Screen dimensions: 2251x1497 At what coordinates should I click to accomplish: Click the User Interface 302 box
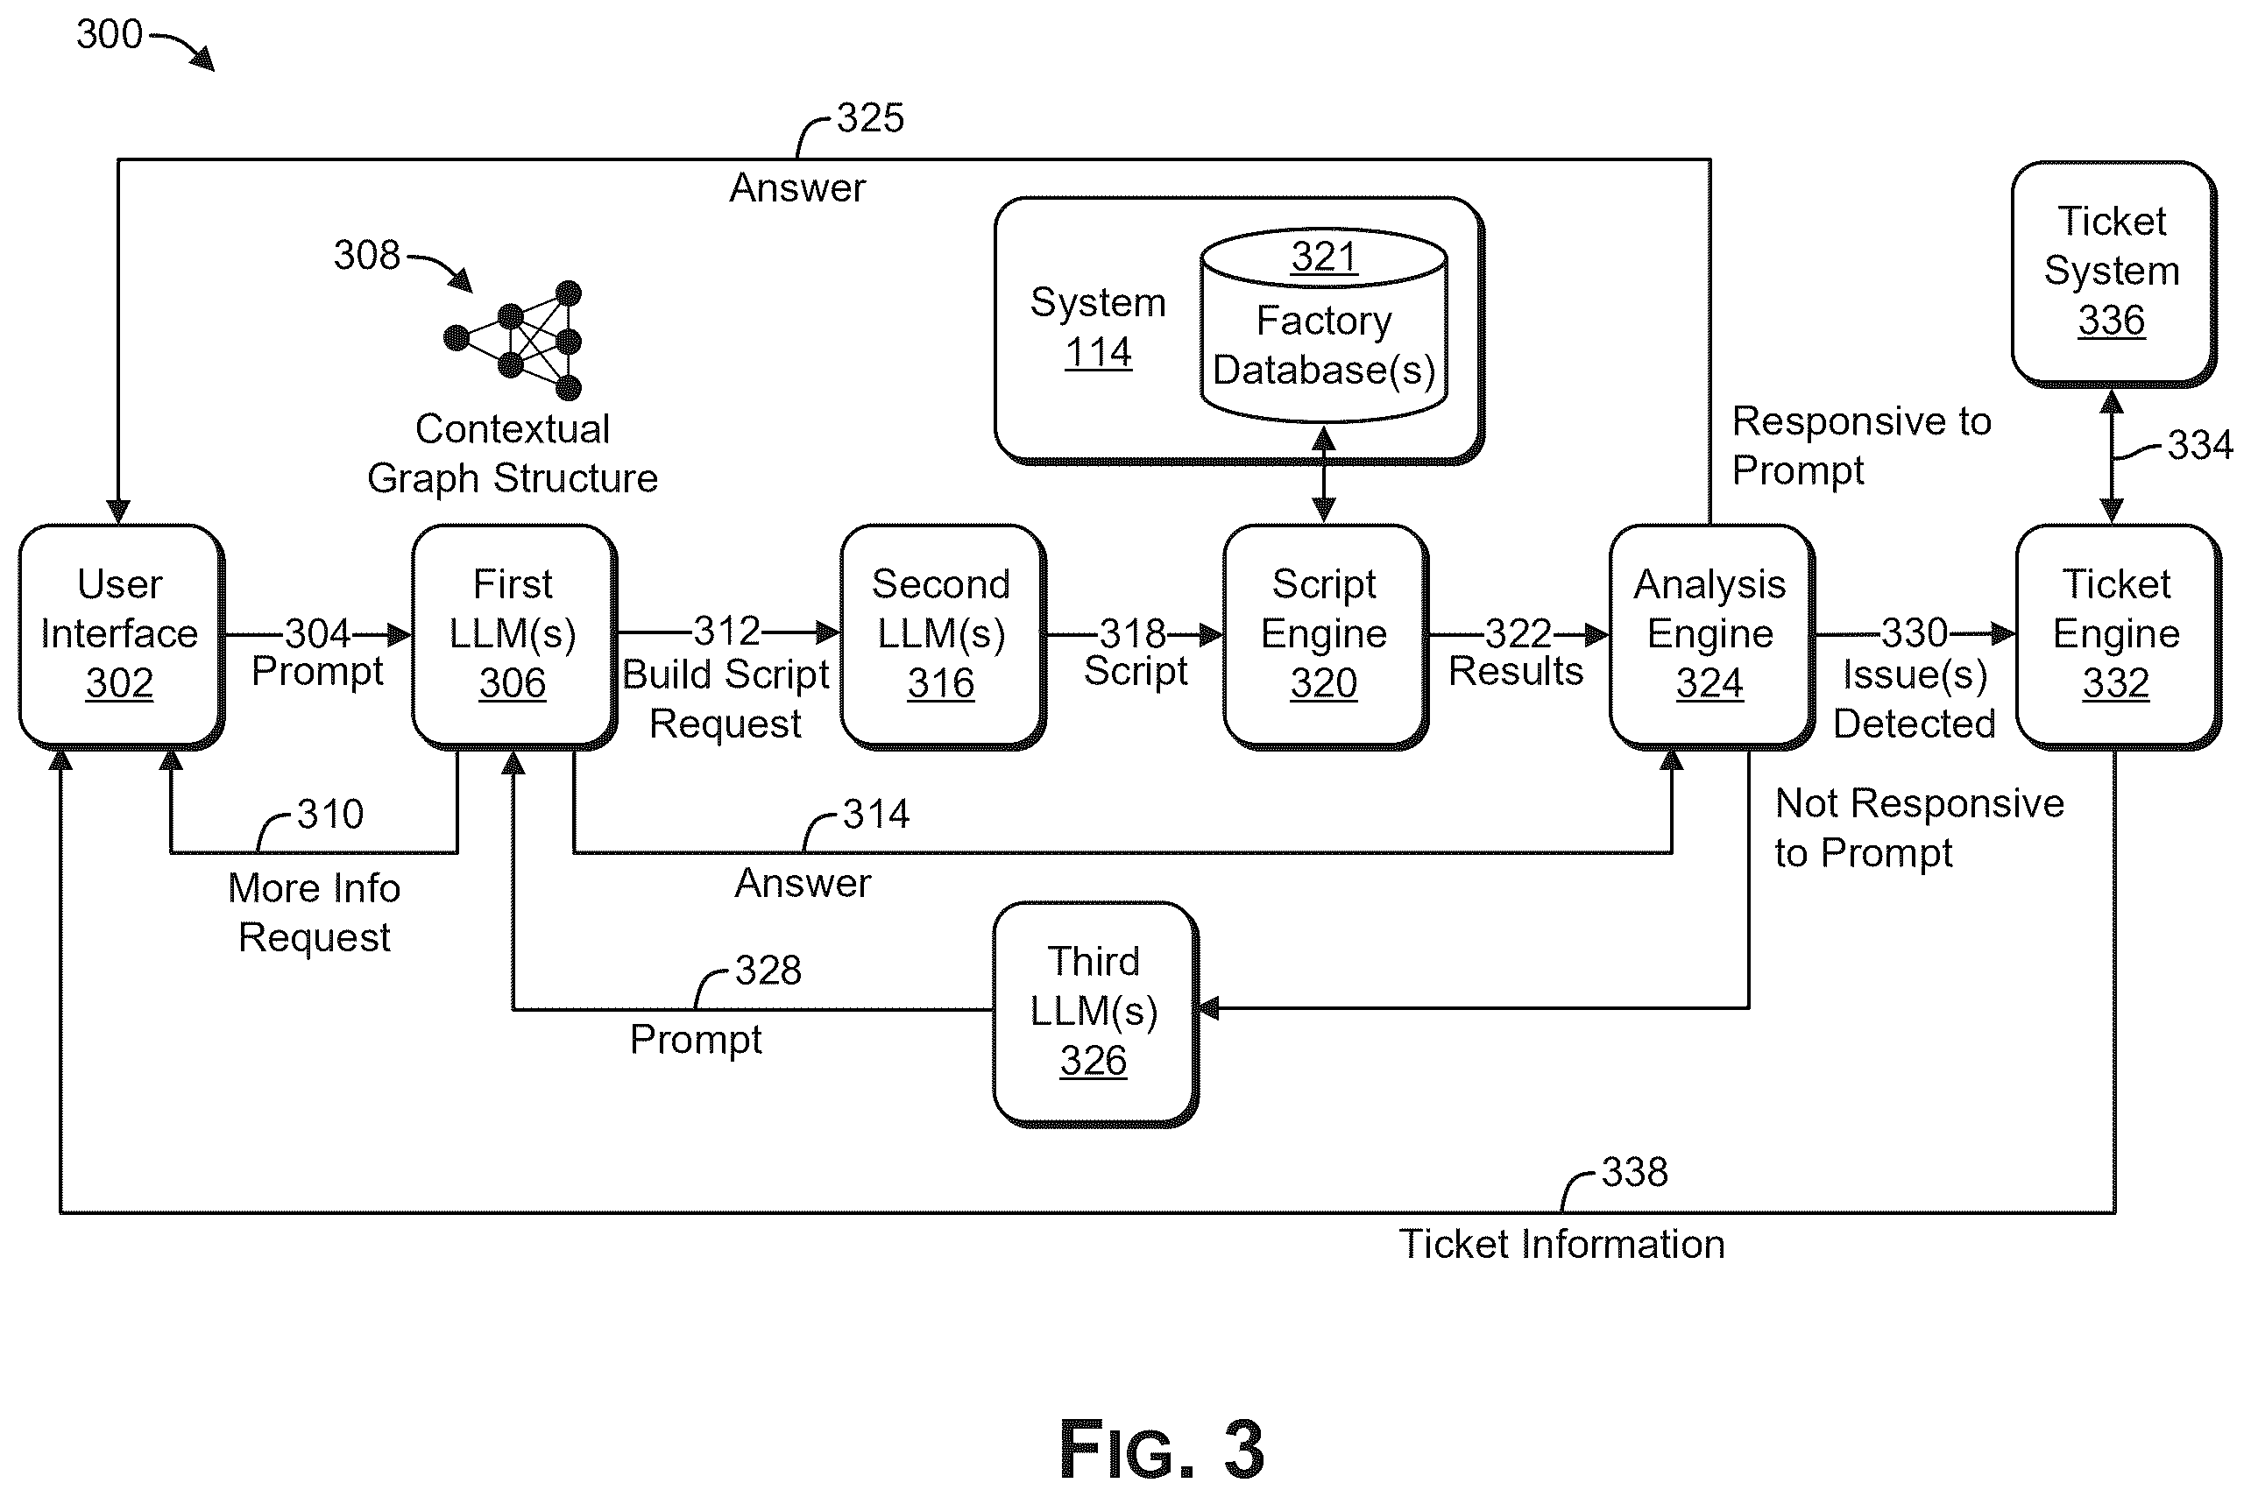(x=121, y=637)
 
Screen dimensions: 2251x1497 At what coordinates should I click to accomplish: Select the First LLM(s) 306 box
(x=513, y=637)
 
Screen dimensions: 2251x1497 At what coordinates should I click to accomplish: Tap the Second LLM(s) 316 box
(x=943, y=637)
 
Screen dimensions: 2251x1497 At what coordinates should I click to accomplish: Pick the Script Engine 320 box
(x=1326, y=637)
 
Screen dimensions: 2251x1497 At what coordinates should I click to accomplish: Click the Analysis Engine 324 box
(x=1711, y=637)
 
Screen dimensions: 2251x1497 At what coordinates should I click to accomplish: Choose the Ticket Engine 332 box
(x=2117, y=637)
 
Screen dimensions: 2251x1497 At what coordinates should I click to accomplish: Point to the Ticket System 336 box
(x=2113, y=274)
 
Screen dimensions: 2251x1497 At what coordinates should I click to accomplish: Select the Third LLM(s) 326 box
(x=1095, y=1013)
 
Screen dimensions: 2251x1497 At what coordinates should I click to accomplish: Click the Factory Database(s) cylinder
(x=1324, y=325)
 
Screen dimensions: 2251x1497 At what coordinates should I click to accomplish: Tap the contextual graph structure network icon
(x=513, y=340)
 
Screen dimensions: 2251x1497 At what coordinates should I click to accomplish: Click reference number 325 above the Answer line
(x=870, y=118)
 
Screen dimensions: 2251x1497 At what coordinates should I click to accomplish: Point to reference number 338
(x=1634, y=1172)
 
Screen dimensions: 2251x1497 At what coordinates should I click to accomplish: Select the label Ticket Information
(x=1561, y=1244)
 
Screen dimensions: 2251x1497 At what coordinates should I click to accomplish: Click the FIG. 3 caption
(x=1161, y=1451)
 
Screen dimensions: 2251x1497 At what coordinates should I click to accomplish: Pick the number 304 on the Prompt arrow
(x=318, y=634)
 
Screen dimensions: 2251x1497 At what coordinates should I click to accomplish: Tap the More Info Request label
(x=315, y=913)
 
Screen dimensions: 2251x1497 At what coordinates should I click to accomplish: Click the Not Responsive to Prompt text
(x=1919, y=829)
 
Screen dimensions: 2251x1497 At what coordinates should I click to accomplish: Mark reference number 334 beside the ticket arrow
(x=2200, y=445)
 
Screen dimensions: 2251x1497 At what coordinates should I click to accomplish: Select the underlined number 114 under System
(x=1098, y=352)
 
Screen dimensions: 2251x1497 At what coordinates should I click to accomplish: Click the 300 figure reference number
(x=110, y=34)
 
